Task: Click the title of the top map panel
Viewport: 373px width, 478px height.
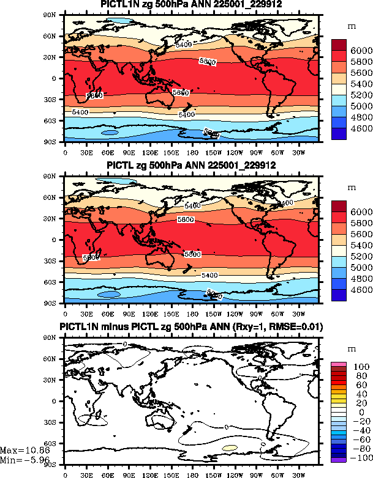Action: click(191, 5)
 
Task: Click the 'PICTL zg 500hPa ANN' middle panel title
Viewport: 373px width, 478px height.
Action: click(191, 166)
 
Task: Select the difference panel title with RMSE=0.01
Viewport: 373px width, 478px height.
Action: click(191, 327)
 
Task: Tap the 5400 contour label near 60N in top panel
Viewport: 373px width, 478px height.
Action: click(183, 45)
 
